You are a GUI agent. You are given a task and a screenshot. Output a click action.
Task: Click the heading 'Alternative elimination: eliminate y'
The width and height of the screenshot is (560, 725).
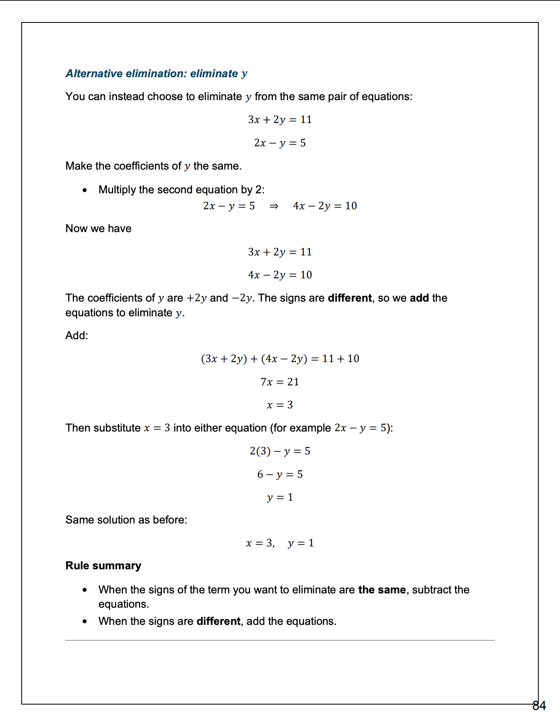tap(157, 74)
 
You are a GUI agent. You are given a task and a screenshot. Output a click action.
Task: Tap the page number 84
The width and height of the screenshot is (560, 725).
tap(539, 706)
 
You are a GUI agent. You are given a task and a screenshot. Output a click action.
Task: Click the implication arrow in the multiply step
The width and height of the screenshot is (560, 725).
tap(274, 206)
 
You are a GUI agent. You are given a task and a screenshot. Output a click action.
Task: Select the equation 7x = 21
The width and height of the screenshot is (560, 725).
tap(280, 382)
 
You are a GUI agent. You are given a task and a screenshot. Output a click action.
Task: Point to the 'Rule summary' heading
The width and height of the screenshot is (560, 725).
tap(103, 566)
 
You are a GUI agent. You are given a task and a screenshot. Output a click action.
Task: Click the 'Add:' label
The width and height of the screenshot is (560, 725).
tap(77, 336)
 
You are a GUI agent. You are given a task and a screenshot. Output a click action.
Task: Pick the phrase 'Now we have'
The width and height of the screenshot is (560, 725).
tap(99, 228)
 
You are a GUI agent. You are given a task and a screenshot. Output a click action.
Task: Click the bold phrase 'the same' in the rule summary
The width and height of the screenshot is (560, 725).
tap(382, 590)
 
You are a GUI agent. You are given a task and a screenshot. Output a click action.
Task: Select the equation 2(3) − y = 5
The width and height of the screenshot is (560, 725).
tap(280, 451)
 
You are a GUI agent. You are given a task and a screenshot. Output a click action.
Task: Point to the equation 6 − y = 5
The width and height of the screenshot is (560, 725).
tap(280, 474)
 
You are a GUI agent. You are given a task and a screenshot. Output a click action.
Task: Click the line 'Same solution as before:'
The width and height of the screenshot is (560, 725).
tap(126, 520)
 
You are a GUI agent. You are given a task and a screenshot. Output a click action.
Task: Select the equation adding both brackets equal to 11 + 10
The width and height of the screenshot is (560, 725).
tap(280, 359)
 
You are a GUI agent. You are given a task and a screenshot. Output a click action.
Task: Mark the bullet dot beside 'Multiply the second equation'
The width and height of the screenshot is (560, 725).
tap(85, 190)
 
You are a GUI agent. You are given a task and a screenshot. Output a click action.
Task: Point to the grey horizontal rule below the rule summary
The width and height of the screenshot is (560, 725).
tap(280, 640)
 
